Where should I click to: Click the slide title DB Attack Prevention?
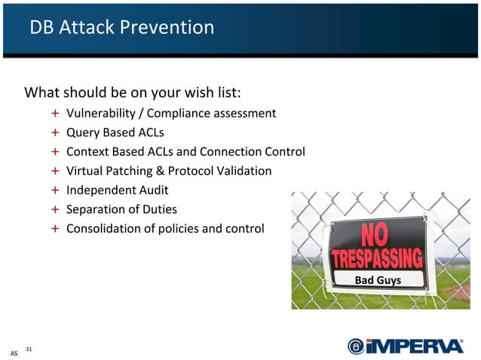coord(121,28)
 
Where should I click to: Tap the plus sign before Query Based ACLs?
coord(56,133)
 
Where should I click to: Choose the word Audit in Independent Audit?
coord(152,190)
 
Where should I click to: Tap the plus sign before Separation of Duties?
coord(56,209)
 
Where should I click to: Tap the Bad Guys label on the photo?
coord(378,281)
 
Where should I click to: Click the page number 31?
coord(29,348)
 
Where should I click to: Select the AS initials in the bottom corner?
coord(13,353)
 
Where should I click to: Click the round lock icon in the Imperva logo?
coord(356,346)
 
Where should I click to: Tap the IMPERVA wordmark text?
coord(415,346)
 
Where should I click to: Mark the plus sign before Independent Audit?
coord(56,191)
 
